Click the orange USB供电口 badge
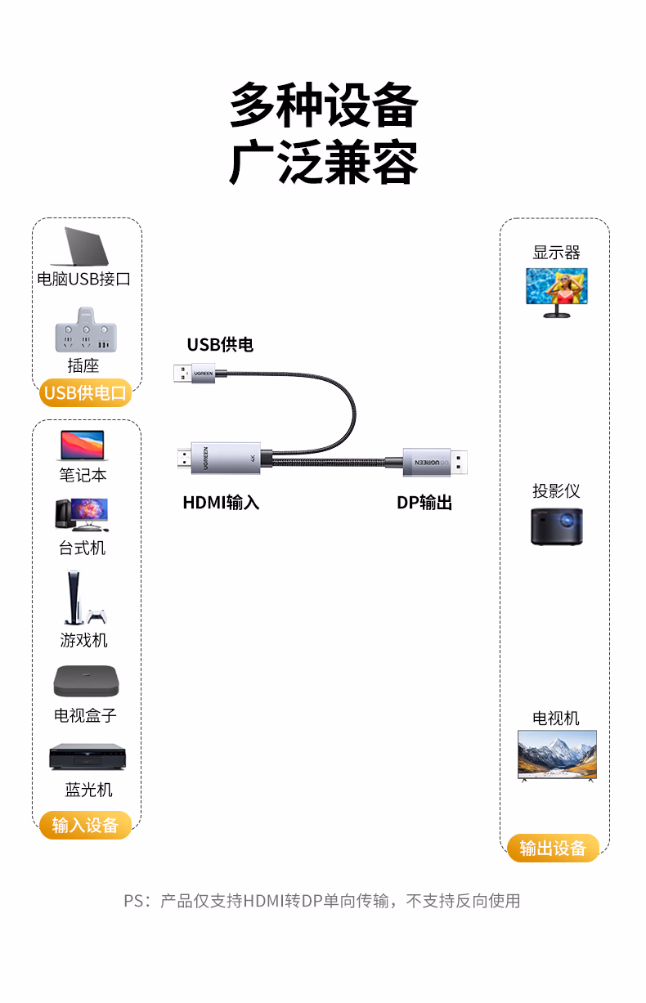click(x=85, y=393)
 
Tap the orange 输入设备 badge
click(x=85, y=825)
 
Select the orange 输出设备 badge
click(x=553, y=848)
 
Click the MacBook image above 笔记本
click(x=83, y=446)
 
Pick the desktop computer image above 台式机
click(x=82, y=515)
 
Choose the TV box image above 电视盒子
click(x=85, y=681)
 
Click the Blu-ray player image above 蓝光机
click(x=87, y=756)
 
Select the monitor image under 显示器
click(x=556, y=291)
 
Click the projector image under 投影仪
click(x=556, y=526)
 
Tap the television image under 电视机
click(x=557, y=754)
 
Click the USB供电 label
click(x=220, y=345)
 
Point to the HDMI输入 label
click(x=221, y=503)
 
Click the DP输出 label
click(x=424, y=503)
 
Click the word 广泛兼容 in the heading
click(x=323, y=163)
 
